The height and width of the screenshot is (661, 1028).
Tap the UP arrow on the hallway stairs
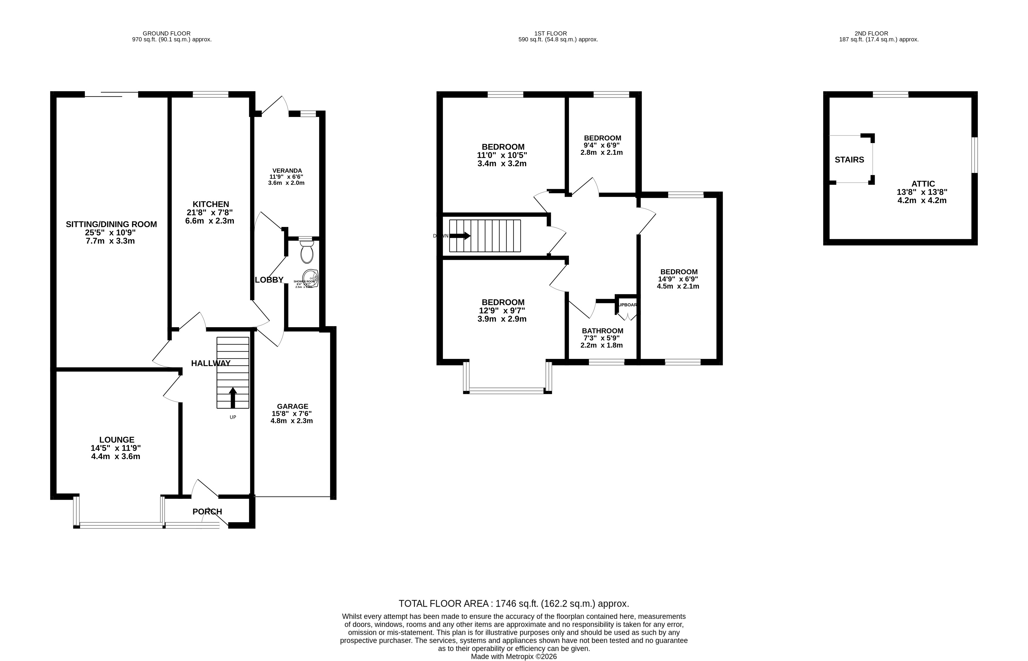click(232, 397)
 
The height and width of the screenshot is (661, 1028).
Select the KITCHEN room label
click(211, 204)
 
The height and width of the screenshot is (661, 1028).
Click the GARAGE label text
click(292, 406)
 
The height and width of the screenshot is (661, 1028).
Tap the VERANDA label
click(287, 170)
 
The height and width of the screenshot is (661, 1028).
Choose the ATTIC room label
click(923, 184)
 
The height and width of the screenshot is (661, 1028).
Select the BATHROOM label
click(602, 330)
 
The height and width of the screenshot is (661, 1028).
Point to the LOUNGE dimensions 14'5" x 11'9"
click(115, 448)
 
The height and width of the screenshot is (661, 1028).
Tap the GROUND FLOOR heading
click(166, 33)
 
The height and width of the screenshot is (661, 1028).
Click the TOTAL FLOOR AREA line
click(514, 604)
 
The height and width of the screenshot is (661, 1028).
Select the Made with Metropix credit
click(514, 656)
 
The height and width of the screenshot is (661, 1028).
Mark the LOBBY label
click(269, 280)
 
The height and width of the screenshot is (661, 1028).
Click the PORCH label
click(207, 512)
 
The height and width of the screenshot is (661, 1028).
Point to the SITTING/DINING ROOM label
click(111, 224)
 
